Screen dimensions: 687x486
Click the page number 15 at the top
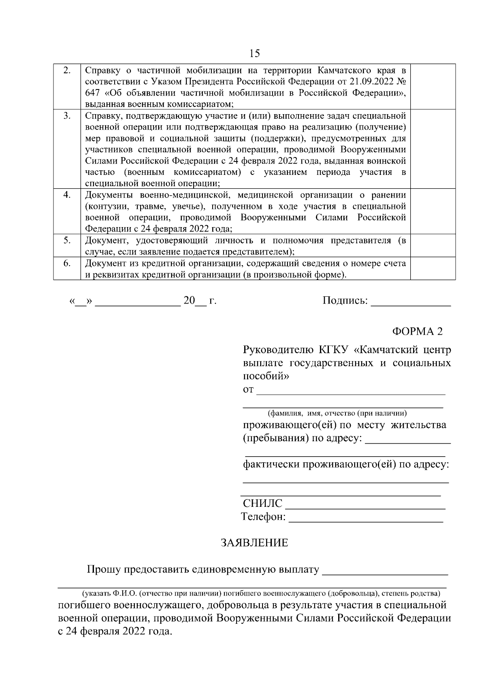pos(255,53)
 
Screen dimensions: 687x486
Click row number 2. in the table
pos(67,70)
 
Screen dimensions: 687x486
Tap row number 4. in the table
pos(67,195)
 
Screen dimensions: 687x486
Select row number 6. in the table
pos(67,264)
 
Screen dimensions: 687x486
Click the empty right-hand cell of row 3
pos(433,149)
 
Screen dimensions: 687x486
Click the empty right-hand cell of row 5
pos(433,246)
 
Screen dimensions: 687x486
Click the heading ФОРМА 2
pos(417,331)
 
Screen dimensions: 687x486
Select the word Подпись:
pos(345,301)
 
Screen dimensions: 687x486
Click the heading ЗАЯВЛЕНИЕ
pos(254,543)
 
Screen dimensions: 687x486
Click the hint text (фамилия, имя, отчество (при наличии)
pos(337,413)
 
